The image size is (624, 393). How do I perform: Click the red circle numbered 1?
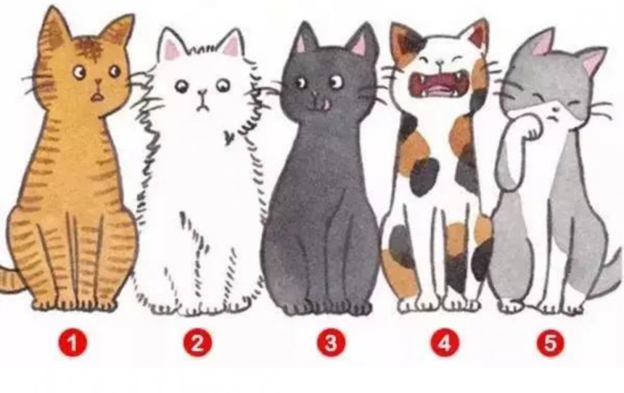pyautogui.click(x=73, y=342)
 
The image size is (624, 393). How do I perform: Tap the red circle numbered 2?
pyautogui.click(x=198, y=342)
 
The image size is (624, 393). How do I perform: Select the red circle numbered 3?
pyautogui.click(x=331, y=342)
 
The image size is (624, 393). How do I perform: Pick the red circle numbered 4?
pyautogui.click(x=445, y=342)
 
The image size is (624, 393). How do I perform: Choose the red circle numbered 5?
pyautogui.click(x=550, y=342)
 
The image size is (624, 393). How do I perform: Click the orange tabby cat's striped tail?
pyautogui.click(x=10, y=279)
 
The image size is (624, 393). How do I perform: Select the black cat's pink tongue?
pyautogui.click(x=326, y=105)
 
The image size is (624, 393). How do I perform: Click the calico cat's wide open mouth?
pyautogui.click(x=439, y=83)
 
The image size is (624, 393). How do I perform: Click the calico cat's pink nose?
pyautogui.click(x=439, y=62)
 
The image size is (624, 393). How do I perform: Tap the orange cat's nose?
pyautogui.click(x=98, y=82)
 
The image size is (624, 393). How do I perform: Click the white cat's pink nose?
pyautogui.click(x=203, y=93)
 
